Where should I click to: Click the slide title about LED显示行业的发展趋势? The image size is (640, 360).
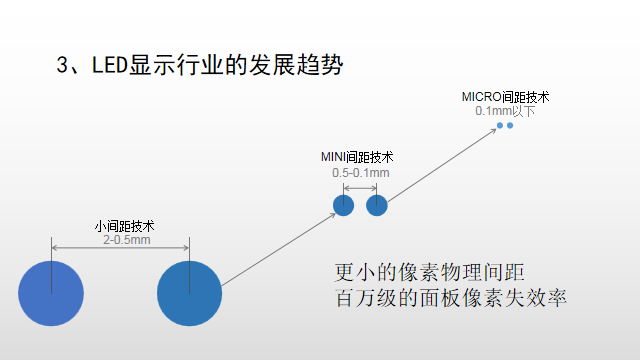[x=200, y=66]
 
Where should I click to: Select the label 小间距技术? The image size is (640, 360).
[x=124, y=226]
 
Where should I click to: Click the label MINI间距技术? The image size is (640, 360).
[x=357, y=158]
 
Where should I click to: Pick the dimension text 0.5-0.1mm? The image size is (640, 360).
[x=360, y=173]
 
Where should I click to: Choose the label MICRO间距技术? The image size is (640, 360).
[x=505, y=97]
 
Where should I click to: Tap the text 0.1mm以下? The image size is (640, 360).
[x=505, y=111]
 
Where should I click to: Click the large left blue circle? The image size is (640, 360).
[x=51, y=292]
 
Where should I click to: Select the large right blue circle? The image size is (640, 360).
[x=189, y=292]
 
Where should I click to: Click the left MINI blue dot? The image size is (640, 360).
[x=343, y=206]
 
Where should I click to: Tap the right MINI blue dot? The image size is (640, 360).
[x=377, y=206]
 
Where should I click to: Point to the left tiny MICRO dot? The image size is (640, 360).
[x=500, y=125]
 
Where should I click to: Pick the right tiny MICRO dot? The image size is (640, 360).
[x=510, y=125]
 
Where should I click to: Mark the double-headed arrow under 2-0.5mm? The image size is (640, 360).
[x=120, y=249]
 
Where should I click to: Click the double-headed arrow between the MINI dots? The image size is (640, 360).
[x=360, y=187]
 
